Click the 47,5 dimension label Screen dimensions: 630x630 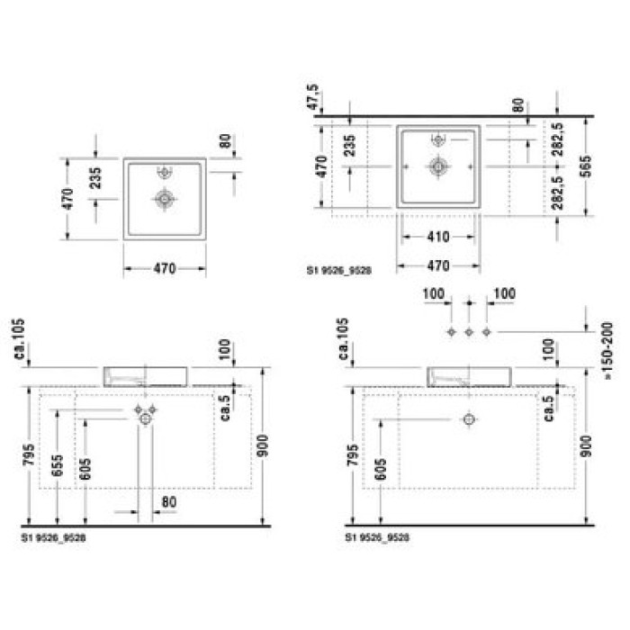313,97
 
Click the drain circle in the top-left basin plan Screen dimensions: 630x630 165,199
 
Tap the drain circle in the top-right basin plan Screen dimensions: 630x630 438,166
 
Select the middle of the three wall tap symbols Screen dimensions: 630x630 469,333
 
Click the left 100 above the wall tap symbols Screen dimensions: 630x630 434,294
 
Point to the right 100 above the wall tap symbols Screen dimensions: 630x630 504,294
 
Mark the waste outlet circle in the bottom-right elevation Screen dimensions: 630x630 468,419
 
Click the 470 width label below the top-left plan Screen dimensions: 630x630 165,268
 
